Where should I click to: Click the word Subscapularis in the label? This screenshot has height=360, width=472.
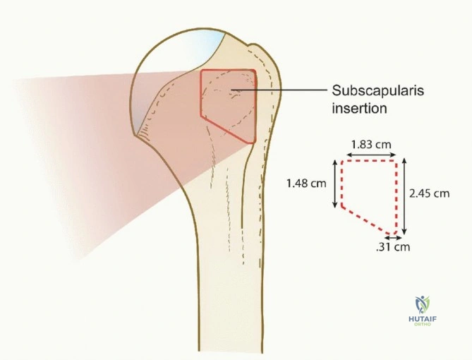377,90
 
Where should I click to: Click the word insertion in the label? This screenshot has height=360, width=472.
359,108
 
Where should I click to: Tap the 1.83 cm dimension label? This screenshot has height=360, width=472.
371,145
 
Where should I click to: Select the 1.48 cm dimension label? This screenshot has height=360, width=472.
306,183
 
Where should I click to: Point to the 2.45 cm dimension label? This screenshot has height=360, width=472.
429,193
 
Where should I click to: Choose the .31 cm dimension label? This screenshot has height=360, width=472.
393,247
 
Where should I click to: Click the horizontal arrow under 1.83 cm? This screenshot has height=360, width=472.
371,155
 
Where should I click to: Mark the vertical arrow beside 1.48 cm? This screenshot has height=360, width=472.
334,184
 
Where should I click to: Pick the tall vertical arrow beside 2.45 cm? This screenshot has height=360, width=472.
404,196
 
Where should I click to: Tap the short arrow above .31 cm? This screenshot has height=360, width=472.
394,238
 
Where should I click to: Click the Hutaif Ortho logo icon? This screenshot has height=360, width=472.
423,305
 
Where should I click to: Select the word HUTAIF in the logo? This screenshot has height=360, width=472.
423,319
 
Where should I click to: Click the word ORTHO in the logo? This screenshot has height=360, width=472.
423,324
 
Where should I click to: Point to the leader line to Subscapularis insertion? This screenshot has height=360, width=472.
279,90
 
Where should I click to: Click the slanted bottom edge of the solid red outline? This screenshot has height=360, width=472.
228,130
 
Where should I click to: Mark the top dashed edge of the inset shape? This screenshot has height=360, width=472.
369,161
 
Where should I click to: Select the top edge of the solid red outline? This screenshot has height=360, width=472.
228,70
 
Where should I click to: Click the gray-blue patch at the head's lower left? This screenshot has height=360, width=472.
143,117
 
